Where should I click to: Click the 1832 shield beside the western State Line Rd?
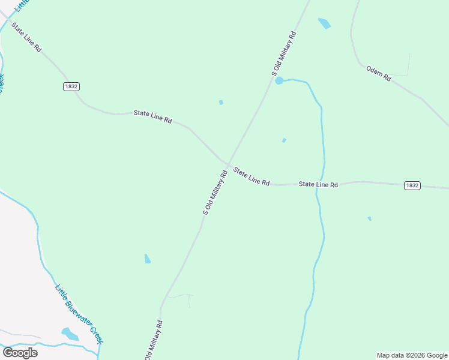coord(71,86)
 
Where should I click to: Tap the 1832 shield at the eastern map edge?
coord(412,185)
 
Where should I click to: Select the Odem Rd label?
coord(379,74)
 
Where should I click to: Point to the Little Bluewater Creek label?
coord(79,314)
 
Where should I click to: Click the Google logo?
coord(20,352)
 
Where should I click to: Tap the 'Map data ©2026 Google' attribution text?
coord(412,355)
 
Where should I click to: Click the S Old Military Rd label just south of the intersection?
coord(214,193)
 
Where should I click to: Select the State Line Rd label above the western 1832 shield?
coord(26,37)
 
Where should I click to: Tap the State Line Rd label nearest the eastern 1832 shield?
coord(319,185)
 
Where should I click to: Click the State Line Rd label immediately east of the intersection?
coord(252,176)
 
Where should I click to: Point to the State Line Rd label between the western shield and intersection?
coord(152,116)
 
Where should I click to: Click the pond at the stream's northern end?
coord(279,80)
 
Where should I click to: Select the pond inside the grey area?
coord(70,334)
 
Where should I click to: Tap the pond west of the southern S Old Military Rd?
coord(148,259)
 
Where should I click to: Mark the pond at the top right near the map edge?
coord(324,23)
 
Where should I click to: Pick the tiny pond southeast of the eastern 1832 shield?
coord(369,218)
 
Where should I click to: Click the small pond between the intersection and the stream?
coord(284,140)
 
